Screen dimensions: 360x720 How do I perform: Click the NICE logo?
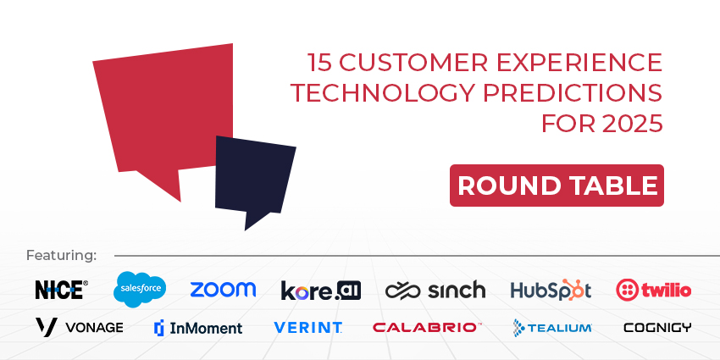(60, 290)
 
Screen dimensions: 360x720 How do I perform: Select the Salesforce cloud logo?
(140, 290)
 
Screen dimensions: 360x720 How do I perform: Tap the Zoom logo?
(223, 290)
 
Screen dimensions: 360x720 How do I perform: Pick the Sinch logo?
(435, 291)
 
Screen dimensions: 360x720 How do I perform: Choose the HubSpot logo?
(550, 290)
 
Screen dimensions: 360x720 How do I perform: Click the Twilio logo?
(653, 290)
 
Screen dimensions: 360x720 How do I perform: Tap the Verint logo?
(307, 327)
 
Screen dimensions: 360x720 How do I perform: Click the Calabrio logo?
(427, 327)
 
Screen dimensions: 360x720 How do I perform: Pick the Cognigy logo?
(656, 327)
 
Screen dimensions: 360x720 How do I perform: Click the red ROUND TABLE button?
(557, 186)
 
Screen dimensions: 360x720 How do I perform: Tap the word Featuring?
(62, 255)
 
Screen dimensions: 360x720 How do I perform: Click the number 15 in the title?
(318, 64)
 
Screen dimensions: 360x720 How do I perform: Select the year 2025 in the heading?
(631, 123)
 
